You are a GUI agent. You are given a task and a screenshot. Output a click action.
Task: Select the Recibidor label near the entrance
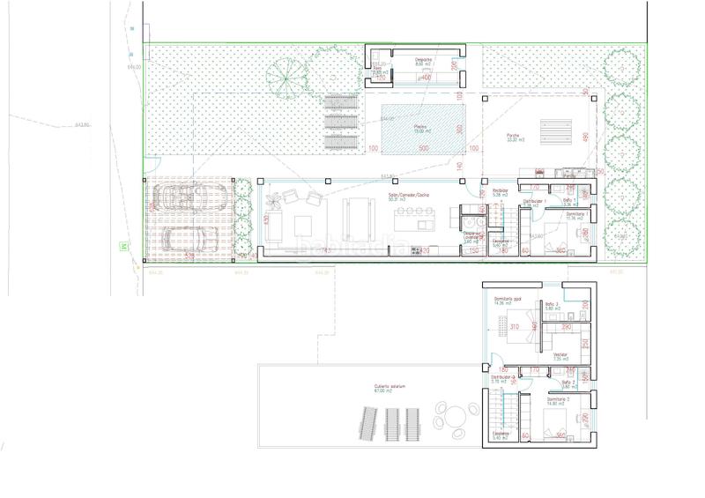(x=501, y=191)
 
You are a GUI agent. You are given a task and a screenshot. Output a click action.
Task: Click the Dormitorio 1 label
(x=575, y=214)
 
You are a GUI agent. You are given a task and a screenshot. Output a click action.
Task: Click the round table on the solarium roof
(x=453, y=414)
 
